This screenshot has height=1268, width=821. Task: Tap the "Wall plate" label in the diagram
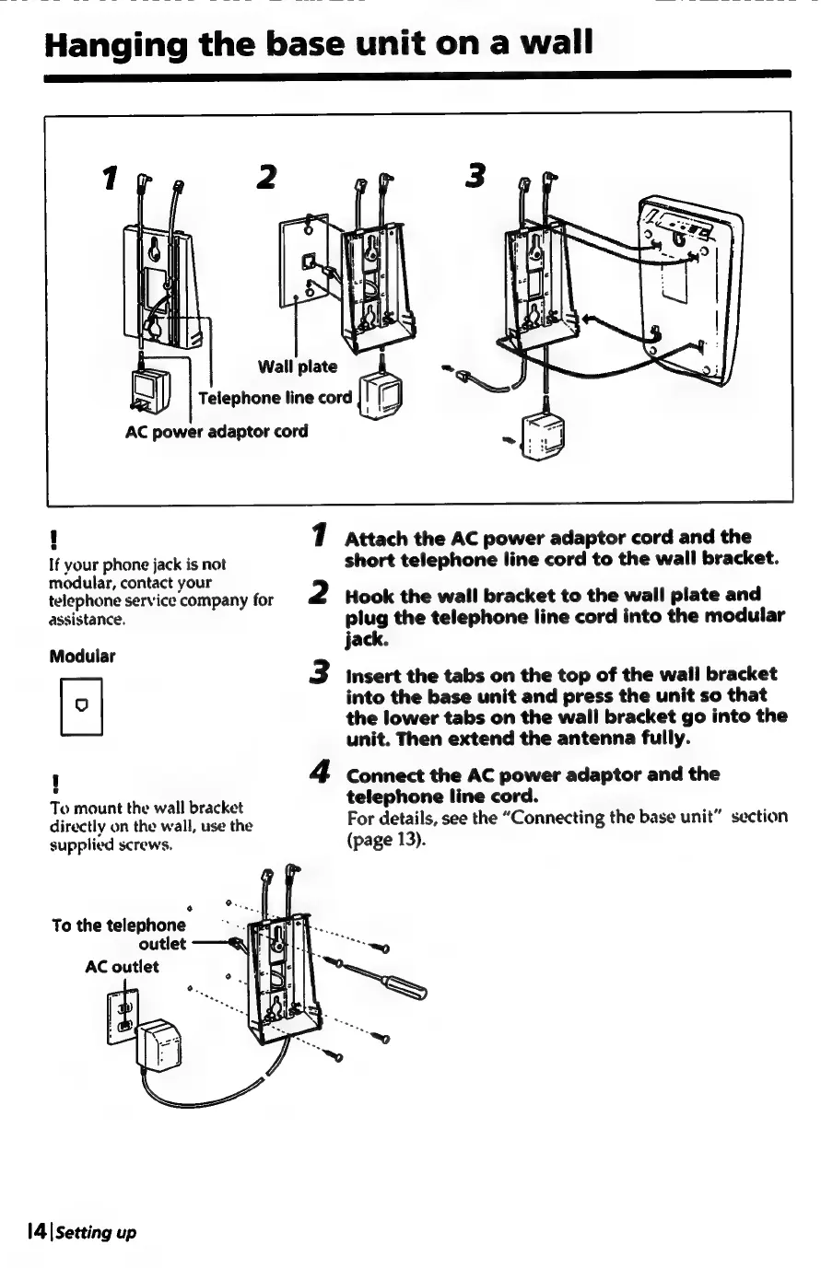point(298,366)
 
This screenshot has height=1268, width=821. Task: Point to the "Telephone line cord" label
point(276,398)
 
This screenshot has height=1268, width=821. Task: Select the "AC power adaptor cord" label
point(217,431)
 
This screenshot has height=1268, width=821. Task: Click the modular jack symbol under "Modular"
point(79,707)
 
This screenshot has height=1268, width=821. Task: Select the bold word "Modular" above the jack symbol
point(82,657)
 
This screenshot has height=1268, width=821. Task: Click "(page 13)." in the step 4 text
point(384,838)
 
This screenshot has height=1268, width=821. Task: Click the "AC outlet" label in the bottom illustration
point(122,966)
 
